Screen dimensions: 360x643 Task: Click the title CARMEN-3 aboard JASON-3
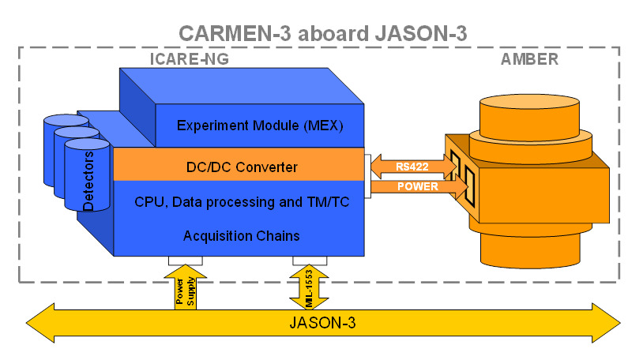pyautogui.click(x=323, y=33)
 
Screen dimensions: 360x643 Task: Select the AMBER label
pyautogui.click(x=529, y=58)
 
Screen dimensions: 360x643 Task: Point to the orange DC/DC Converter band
pyautogui.click(x=237, y=167)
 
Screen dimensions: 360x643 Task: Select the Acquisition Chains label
pyautogui.click(x=240, y=235)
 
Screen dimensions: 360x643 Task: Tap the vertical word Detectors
pyautogui.click(x=88, y=181)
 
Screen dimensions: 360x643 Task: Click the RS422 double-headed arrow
pyautogui.click(x=412, y=167)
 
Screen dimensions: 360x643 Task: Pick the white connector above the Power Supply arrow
pyautogui.click(x=185, y=261)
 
